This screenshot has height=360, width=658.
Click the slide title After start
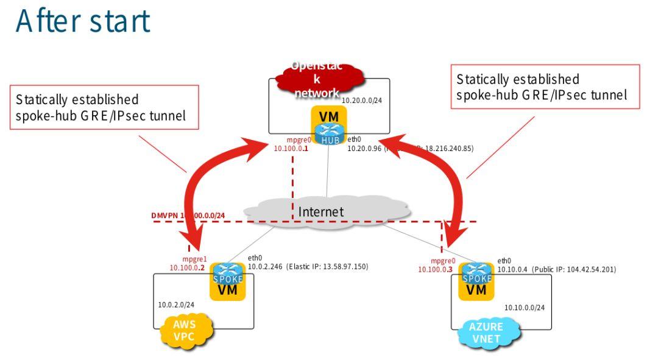coord(83,21)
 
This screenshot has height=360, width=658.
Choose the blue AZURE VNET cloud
coord(486,332)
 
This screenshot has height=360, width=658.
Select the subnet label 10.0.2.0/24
coord(176,305)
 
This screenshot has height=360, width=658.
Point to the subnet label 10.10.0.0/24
coord(524,308)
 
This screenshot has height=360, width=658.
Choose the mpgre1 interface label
coord(195,259)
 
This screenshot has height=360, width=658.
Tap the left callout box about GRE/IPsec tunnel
coord(104,107)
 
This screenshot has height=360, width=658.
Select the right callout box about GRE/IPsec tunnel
coord(545,86)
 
